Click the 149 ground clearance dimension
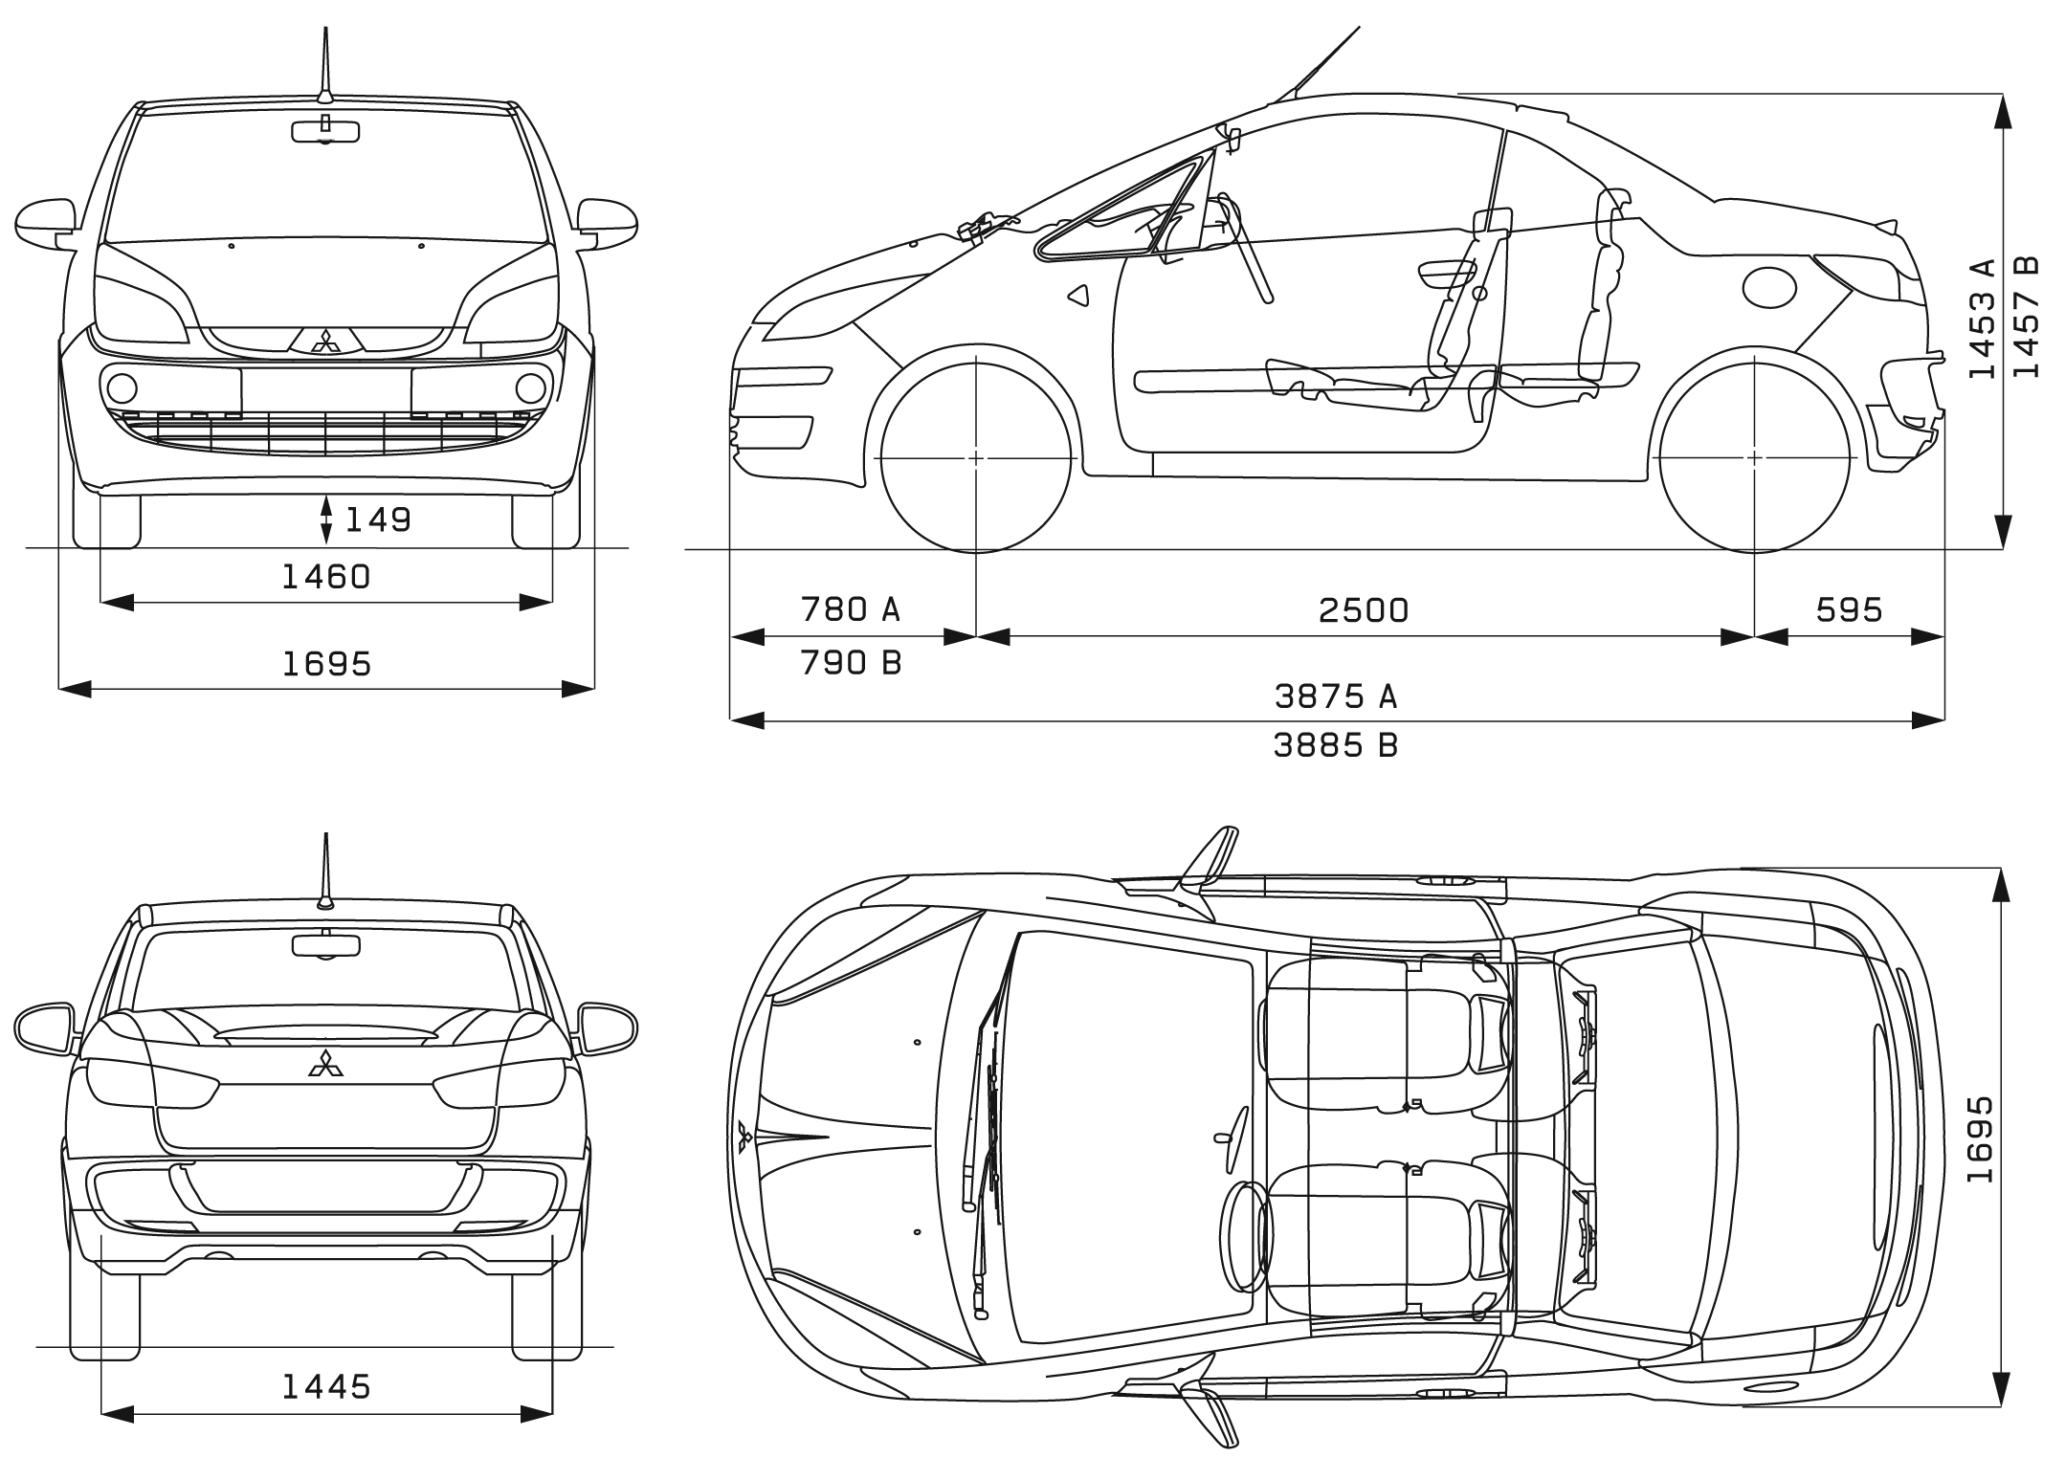(x=378, y=519)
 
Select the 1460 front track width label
(x=326, y=576)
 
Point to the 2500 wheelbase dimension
(x=1364, y=609)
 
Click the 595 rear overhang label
(x=1849, y=609)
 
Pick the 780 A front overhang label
(x=851, y=608)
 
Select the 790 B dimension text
(x=851, y=662)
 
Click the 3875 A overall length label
(x=1336, y=696)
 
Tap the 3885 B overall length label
(x=1336, y=744)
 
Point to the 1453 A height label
(x=1983, y=319)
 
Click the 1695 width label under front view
(x=326, y=663)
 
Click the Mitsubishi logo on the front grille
(x=326, y=342)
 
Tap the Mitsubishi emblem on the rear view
(x=325, y=1063)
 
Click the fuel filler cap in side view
(x=1769, y=286)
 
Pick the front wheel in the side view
(x=975, y=457)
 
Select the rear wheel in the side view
(x=1755, y=457)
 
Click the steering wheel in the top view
(x=1243, y=1237)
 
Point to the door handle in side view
(x=1446, y=272)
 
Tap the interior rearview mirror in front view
(x=325, y=132)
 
